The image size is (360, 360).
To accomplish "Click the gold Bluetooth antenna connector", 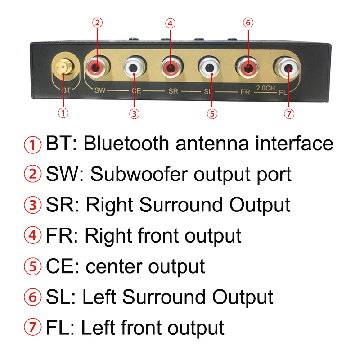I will tap(63, 67).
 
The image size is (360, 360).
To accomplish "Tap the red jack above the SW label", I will tap(97, 67).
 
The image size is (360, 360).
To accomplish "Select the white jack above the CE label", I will tap(134, 67).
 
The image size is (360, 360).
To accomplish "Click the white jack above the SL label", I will tap(209, 67).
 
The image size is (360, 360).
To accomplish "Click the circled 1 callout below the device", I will tap(64, 113).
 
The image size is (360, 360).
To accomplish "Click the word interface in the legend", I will tap(294, 144).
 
